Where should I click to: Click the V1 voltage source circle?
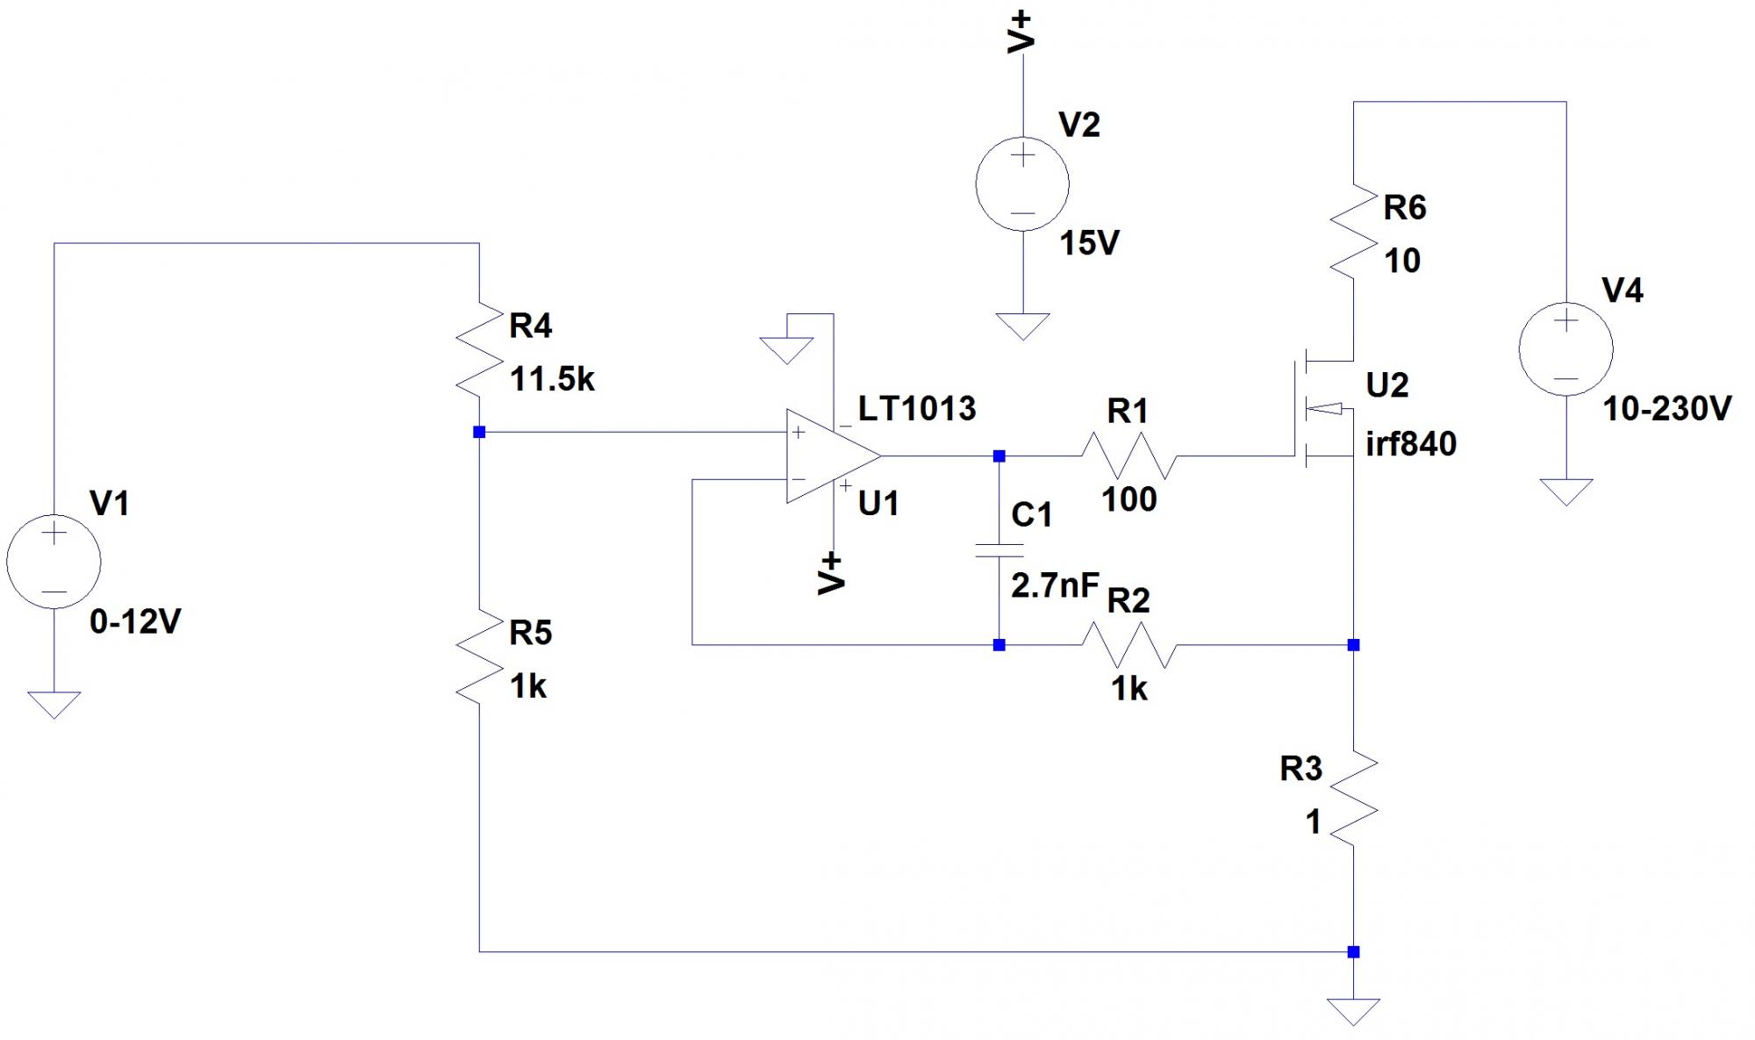point(54,562)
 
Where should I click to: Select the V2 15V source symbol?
point(1022,184)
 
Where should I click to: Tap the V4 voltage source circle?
point(1565,349)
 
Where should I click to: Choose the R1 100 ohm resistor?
point(1128,456)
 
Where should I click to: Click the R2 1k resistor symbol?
point(1128,645)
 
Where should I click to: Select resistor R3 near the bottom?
point(1353,797)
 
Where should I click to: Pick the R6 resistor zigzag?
point(1353,232)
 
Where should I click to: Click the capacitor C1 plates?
point(999,550)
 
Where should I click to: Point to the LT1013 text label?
point(917,409)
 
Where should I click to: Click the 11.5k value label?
point(552,380)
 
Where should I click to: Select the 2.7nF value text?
point(1055,585)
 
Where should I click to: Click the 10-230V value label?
point(1666,409)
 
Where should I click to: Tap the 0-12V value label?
point(135,622)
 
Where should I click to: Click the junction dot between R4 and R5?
point(479,432)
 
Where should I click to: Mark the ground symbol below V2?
point(1022,326)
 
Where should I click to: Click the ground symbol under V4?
point(1565,491)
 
